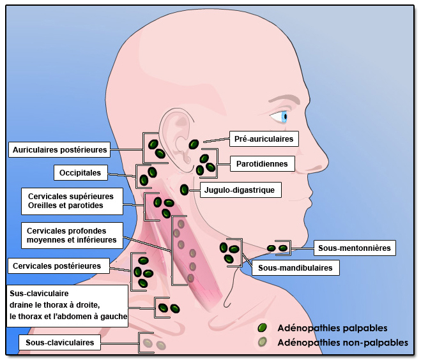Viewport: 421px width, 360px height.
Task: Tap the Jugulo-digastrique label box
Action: point(238,190)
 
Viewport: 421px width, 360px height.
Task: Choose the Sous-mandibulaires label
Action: point(295,268)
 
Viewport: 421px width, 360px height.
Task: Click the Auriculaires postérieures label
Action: point(59,149)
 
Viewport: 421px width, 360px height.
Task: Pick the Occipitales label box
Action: point(80,172)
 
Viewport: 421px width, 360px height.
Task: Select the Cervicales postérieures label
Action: point(56,266)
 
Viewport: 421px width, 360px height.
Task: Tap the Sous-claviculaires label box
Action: point(60,343)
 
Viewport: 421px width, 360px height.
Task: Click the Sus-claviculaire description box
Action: point(68,304)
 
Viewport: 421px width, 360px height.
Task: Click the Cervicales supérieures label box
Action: point(71,201)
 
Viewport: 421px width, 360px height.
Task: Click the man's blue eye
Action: point(281,117)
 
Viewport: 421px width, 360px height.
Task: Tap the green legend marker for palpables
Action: point(262,328)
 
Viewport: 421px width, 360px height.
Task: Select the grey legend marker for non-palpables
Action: point(262,342)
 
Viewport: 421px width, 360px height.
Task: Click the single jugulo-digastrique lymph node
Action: point(185,189)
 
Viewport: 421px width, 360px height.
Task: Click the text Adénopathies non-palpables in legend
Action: point(342,343)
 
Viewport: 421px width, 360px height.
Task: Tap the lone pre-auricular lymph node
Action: point(194,144)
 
